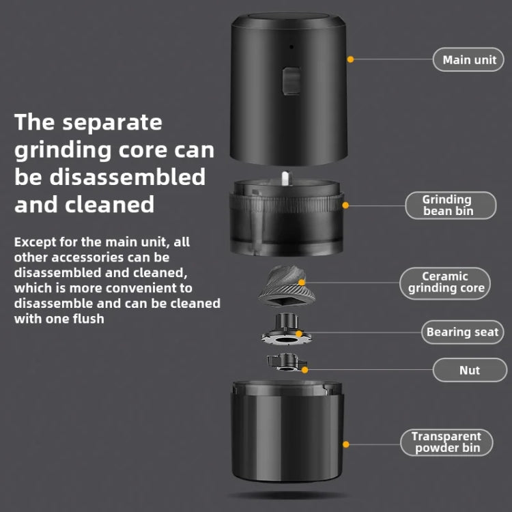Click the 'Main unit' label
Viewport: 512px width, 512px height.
(470, 59)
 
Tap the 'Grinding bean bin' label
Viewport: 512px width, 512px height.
(451, 205)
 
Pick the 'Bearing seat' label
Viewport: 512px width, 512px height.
(462, 332)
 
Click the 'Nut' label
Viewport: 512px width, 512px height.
(469, 370)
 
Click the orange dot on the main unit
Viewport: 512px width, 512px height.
(350, 59)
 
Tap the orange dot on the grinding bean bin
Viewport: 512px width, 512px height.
(345, 205)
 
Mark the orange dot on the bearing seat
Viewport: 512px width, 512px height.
(298, 334)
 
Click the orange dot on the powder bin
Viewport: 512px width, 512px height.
(346, 444)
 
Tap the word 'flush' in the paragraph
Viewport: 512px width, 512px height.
(86, 318)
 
